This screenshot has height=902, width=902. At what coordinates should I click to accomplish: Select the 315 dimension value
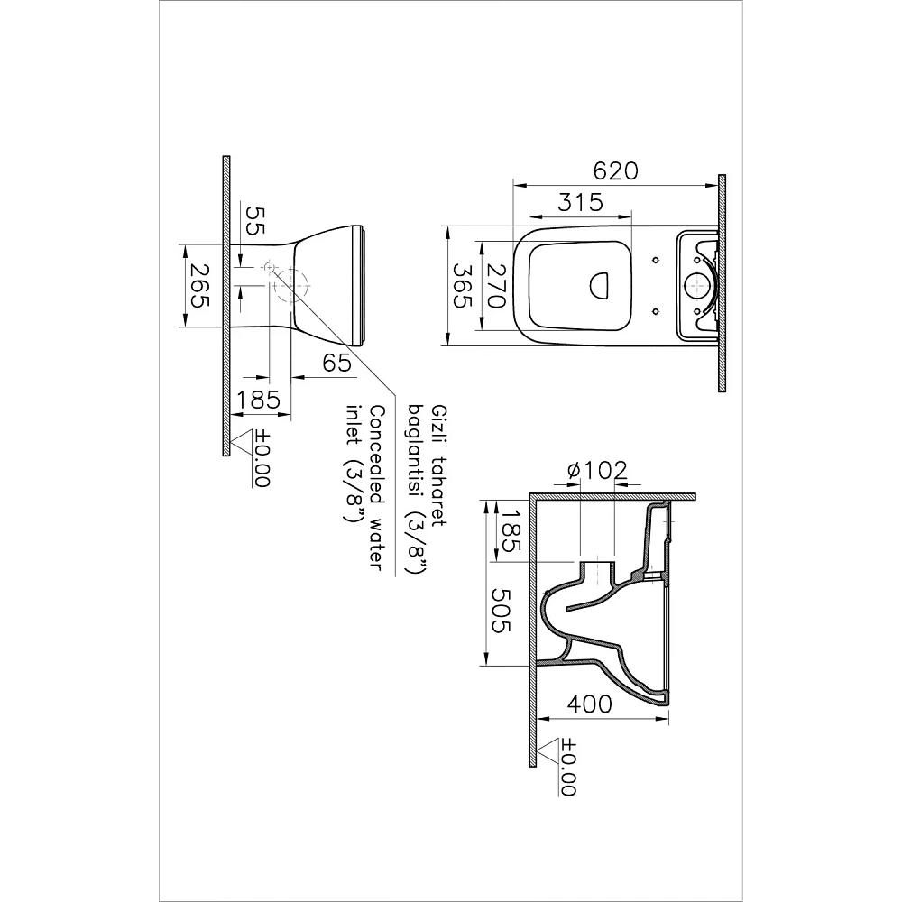tap(579, 203)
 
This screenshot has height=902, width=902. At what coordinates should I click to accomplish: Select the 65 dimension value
tap(336, 364)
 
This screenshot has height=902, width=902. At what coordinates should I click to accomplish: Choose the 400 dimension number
tap(592, 704)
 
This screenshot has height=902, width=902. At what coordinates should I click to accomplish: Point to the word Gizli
tap(440, 418)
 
